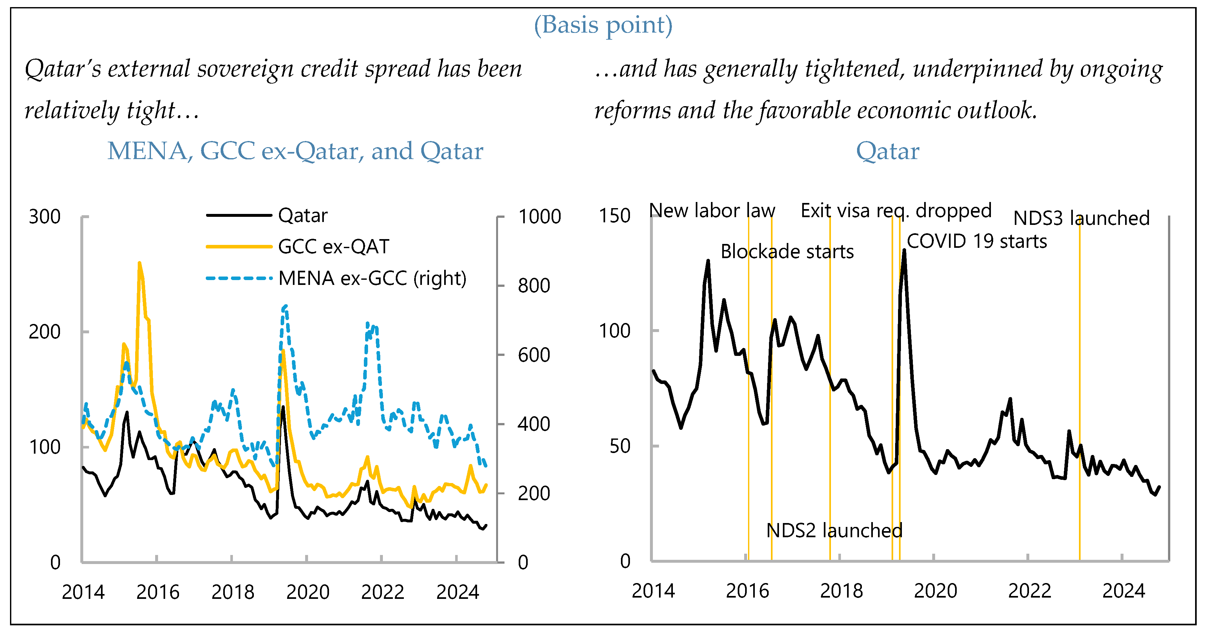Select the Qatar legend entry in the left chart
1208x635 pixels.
pos(303,215)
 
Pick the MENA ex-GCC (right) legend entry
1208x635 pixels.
pos(372,278)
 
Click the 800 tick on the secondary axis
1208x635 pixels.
pos(534,286)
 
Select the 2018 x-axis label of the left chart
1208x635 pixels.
pos(233,592)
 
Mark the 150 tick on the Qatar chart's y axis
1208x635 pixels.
pos(614,216)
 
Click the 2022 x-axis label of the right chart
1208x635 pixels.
pos(1029,590)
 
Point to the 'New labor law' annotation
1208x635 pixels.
pos(712,211)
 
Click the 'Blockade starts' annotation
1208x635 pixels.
pos(787,252)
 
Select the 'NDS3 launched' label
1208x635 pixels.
pos(1081,218)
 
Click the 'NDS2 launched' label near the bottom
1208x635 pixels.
pos(834,530)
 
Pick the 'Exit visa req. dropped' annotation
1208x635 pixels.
pos(896,211)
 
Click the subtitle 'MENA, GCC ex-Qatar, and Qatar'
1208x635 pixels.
pos(295,151)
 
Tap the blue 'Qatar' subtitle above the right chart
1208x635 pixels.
pos(887,151)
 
